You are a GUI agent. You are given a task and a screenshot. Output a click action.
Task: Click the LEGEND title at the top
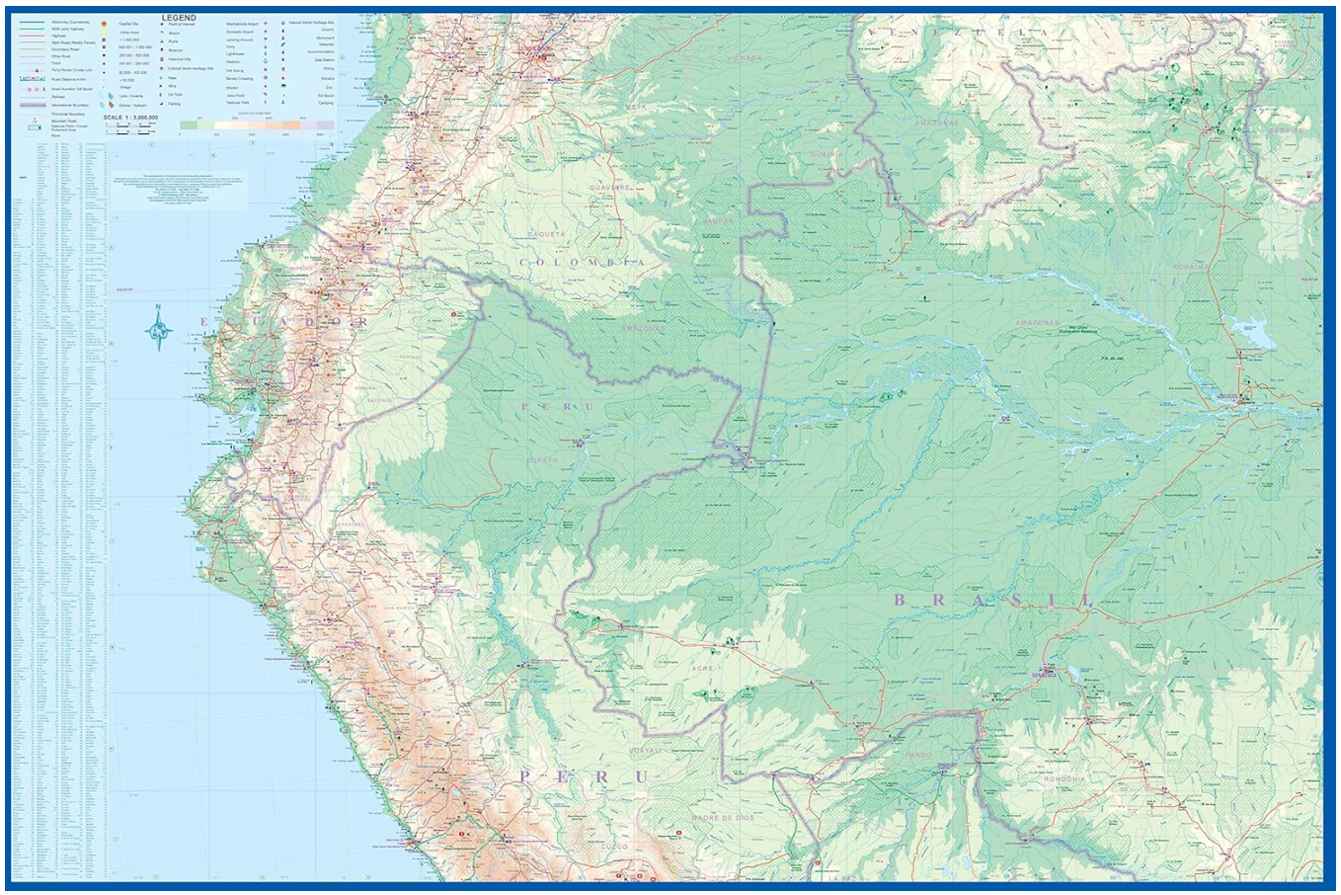click(179, 18)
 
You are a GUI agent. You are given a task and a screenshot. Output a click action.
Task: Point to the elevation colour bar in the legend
click(257, 125)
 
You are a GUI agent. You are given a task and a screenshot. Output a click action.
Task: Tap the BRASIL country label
click(993, 600)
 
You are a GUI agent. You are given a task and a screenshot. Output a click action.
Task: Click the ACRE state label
click(702, 669)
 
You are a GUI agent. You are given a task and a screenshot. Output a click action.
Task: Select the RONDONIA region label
click(1063, 778)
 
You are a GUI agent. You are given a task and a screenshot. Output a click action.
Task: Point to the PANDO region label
click(918, 756)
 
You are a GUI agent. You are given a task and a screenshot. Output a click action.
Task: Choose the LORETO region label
click(542, 460)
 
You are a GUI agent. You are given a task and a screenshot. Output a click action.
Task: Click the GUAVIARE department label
click(609, 186)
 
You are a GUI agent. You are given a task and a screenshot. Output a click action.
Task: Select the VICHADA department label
click(744, 58)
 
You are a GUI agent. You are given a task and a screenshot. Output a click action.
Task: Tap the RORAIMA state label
click(1191, 267)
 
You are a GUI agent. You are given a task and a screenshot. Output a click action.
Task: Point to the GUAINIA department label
click(828, 153)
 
